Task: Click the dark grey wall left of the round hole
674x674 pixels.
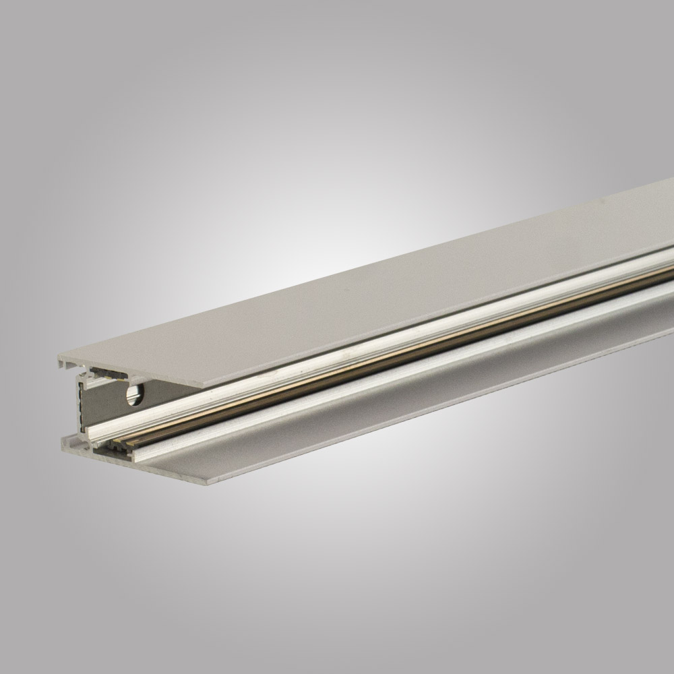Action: pyautogui.click(x=101, y=404)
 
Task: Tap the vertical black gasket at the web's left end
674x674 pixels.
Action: pyautogui.click(x=82, y=404)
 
